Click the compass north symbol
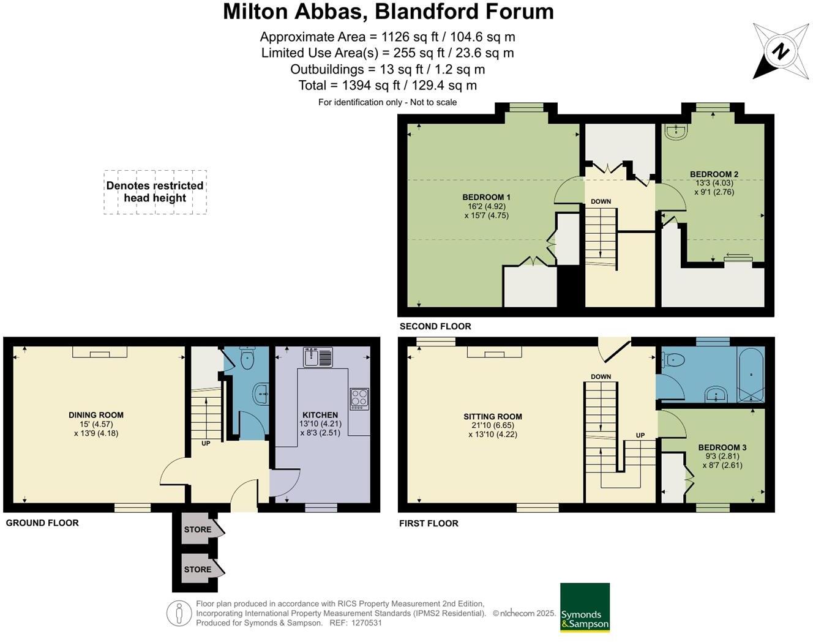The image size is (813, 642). coord(781,51)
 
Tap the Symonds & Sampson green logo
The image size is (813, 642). coord(585,607)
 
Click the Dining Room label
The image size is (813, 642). coord(96,415)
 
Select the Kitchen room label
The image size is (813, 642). coord(320,415)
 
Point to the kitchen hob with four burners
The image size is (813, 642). coord(359,399)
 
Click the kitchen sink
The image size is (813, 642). coord(318,357)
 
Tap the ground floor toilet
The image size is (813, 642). coord(247,357)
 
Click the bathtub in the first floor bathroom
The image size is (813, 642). coord(751,375)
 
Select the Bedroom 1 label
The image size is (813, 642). coord(487,197)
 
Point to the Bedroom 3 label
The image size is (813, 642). coord(722,447)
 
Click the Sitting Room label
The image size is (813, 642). coord(493,417)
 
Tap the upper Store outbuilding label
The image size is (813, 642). coord(198,529)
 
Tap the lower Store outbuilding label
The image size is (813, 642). coord(198,569)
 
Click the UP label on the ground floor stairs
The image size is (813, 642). coord(206,443)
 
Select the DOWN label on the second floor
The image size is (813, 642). coord(601,202)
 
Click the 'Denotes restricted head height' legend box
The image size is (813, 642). coord(155,192)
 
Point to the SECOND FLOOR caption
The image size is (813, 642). coord(435,326)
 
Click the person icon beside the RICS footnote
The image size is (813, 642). coord(179,613)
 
